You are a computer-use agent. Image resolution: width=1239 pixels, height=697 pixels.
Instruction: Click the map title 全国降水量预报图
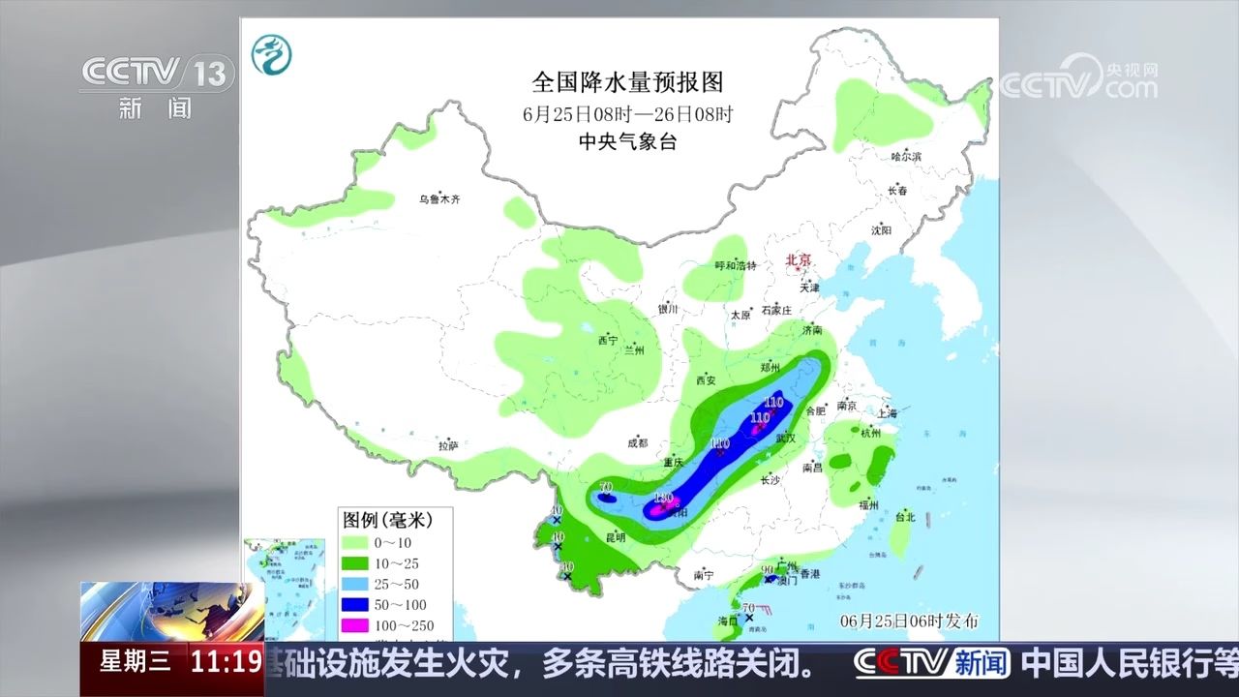click(627, 81)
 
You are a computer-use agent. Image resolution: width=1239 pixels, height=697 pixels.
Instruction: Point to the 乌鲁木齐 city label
click(439, 199)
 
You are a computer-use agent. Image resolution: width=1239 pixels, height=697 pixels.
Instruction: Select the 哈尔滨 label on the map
click(906, 156)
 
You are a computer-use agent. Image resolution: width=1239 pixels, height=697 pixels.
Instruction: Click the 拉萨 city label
click(447, 446)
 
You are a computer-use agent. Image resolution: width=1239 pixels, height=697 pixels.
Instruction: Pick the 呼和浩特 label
click(735, 266)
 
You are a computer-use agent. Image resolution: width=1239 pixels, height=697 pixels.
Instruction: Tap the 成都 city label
click(637, 441)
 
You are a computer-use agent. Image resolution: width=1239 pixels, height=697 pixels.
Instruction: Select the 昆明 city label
click(615, 537)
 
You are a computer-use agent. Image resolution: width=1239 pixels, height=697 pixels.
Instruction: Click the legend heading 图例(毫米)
click(384, 521)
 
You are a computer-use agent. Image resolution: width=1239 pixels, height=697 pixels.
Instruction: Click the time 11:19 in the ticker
click(226, 663)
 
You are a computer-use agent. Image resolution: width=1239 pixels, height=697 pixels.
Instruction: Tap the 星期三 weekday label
click(135, 663)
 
